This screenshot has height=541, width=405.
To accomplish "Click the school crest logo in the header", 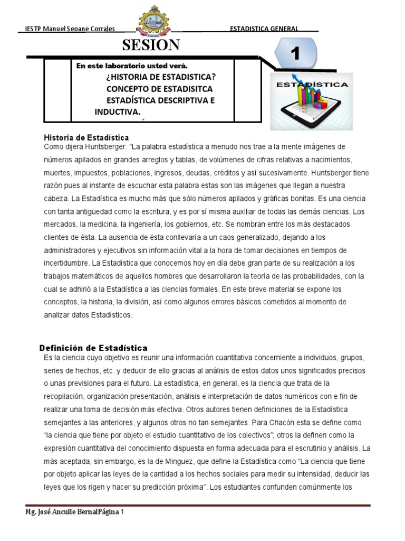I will coord(153,22).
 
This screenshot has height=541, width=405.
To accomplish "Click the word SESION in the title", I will coord(151,45).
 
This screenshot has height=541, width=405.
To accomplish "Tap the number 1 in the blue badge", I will coord(295,53).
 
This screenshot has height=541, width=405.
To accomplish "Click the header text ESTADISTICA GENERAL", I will coord(264,29).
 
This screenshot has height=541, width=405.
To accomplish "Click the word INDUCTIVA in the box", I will coord(117,111).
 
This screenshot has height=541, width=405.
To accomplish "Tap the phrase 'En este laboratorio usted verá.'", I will coord(132,66).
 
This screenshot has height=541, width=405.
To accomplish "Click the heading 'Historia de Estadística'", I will coord(86,137).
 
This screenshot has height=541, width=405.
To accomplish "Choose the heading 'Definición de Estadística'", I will coord(93,348).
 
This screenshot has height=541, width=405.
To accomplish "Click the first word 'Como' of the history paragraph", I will coord(53,146).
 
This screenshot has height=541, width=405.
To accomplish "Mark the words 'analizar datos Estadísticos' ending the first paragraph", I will coord(89,315).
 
